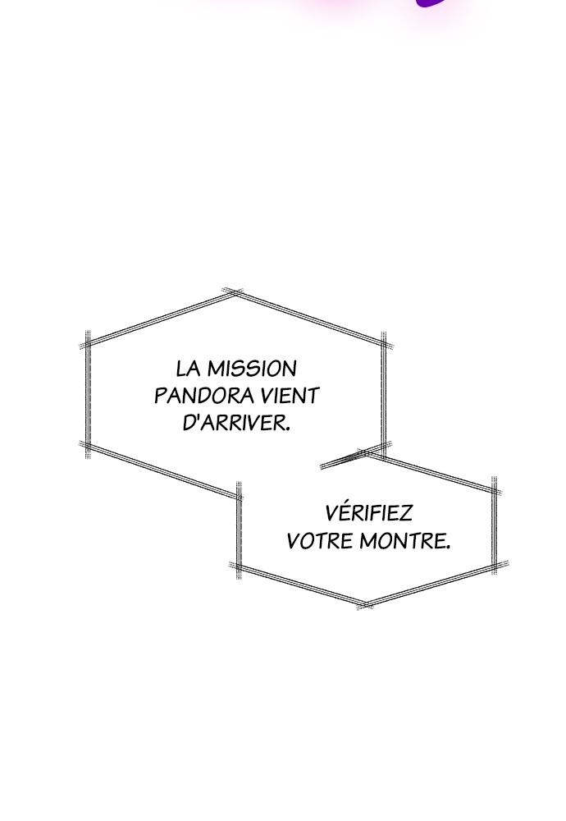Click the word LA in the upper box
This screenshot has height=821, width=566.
189,369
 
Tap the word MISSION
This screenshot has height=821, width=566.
252,369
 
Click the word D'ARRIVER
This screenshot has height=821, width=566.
236,423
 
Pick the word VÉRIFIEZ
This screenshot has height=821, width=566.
369,513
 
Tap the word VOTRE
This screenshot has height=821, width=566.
320,540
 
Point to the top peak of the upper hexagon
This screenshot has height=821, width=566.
235,293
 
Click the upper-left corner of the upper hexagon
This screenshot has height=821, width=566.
87,343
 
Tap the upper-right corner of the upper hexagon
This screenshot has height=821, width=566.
385,344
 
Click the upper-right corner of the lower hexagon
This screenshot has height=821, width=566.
495,492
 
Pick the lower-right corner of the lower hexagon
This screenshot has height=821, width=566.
495,566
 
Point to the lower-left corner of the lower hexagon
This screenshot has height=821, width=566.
239,566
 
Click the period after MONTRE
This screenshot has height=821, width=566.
448,547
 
